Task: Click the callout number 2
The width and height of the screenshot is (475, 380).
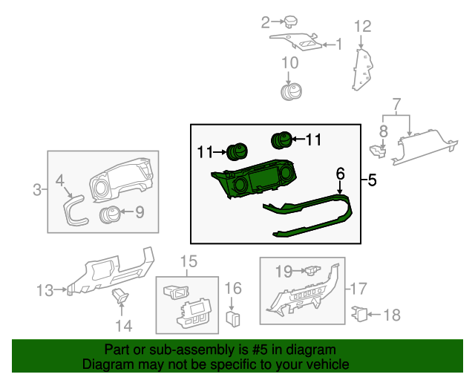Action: tap(265, 22)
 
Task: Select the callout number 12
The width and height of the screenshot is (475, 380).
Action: tap(361, 27)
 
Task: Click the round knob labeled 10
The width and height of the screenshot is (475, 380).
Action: tap(290, 91)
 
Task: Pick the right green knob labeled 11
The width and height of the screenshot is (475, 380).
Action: tap(281, 139)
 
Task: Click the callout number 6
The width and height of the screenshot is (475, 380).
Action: tap(341, 174)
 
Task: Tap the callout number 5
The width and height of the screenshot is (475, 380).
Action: tap(372, 179)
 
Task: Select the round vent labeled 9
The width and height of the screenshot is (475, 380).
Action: tap(110, 215)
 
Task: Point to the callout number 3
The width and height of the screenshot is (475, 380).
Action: tap(38, 191)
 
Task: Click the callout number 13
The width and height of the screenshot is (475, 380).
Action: tap(45, 289)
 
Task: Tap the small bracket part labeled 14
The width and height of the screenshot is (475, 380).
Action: tap(121, 298)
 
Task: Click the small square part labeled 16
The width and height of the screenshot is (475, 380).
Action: tap(232, 319)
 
